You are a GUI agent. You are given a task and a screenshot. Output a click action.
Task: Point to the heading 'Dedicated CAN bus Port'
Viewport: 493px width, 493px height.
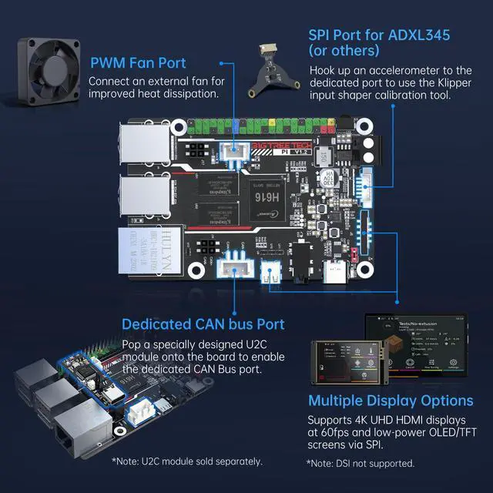pyautogui.click(x=203, y=324)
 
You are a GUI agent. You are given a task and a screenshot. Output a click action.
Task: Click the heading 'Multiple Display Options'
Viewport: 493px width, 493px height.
pyautogui.click(x=391, y=401)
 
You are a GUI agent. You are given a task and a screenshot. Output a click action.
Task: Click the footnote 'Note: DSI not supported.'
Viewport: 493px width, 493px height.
pyautogui.click(x=361, y=463)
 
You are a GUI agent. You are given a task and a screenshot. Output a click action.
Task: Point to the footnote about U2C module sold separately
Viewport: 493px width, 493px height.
pyautogui.click(x=186, y=461)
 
